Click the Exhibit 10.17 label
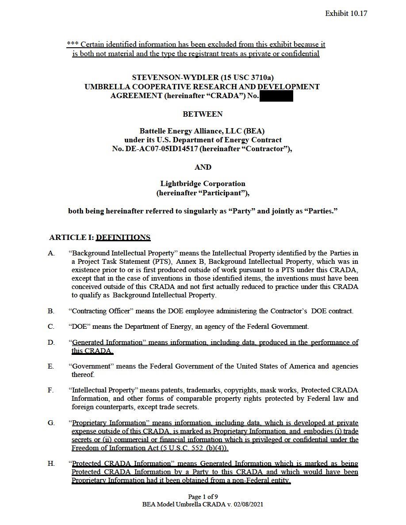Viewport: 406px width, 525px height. click(x=346, y=13)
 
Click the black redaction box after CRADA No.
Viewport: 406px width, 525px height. click(x=276, y=96)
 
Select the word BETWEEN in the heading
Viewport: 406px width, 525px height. click(x=203, y=114)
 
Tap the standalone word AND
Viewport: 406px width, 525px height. click(x=203, y=167)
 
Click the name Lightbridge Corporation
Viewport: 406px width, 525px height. click(x=203, y=183)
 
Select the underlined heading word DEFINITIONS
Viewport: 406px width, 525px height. click(x=123, y=237)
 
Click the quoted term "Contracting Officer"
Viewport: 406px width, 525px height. click(x=101, y=311)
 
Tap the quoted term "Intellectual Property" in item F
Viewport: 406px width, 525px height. click(x=104, y=390)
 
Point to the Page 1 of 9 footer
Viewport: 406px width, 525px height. click(x=203, y=496)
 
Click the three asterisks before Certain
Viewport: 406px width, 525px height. click(x=73, y=45)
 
